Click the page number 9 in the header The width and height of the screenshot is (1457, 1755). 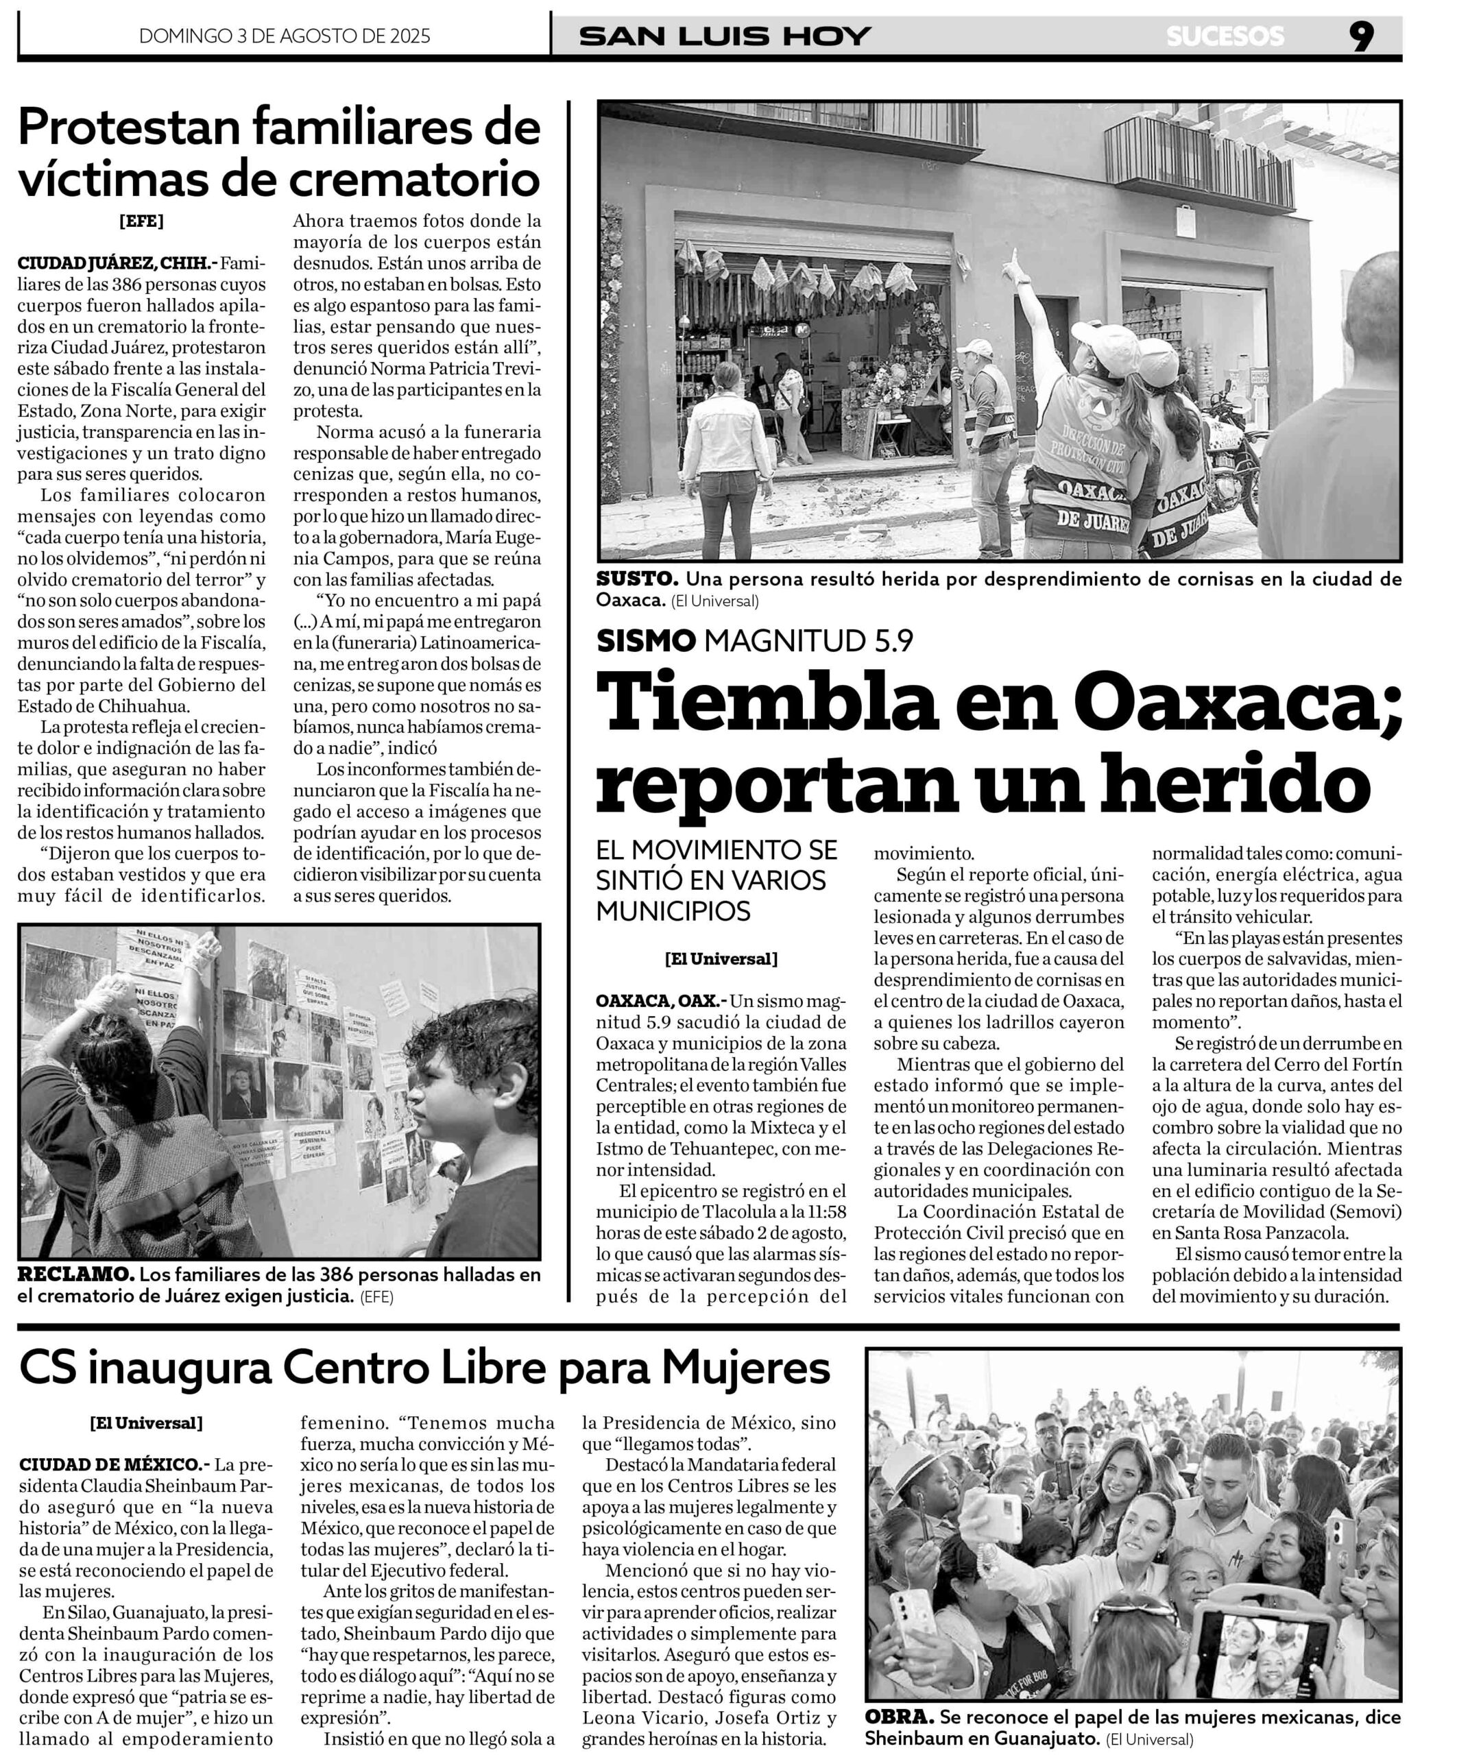[1362, 36]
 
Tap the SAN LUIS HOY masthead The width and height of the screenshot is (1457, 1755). [725, 36]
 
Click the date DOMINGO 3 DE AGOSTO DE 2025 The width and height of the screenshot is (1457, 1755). [285, 36]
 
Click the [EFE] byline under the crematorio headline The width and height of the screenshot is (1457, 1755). [141, 221]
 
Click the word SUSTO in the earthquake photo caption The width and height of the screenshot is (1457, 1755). [636, 579]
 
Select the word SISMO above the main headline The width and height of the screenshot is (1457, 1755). [645, 640]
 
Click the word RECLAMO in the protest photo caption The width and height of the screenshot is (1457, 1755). [75, 1275]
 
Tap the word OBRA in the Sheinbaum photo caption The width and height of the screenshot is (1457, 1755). [900, 1717]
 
